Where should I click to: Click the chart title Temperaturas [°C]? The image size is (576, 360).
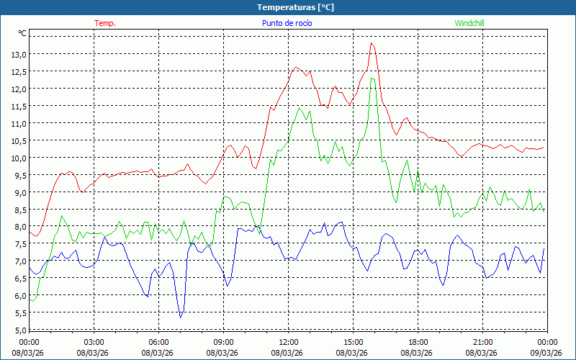click(x=295, y=7)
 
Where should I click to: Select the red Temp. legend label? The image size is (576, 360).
click(x=105, y=23)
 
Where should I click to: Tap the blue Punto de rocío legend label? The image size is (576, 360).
click(x=287, y=23)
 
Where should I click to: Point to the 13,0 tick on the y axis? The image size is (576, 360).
click(x=19, y=54)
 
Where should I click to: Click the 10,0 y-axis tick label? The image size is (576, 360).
click(x=19, y=158)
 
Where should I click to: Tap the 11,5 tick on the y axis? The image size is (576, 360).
click(x=19, y=106)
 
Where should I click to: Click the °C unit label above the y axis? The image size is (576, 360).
click(x=22, y=33)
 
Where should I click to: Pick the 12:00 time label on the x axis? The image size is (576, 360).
click(x=288, y=342)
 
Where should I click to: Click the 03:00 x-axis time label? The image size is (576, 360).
click(x=94, y=342)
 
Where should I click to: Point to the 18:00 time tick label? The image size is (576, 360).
click(x=418, y=342)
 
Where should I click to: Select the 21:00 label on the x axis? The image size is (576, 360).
click(x=482, y=342)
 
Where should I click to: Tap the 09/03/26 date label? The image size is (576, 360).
click(x=546, y=352)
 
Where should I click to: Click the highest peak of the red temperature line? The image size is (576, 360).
click(x=372, y=43)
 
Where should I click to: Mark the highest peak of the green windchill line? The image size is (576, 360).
click(x=372, y=78)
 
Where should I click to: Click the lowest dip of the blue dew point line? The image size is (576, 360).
click(x=181, y=317)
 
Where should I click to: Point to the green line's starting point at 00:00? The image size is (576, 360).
click(x=30, y=300)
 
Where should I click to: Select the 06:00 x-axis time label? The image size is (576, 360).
click(x=158, y=342)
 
